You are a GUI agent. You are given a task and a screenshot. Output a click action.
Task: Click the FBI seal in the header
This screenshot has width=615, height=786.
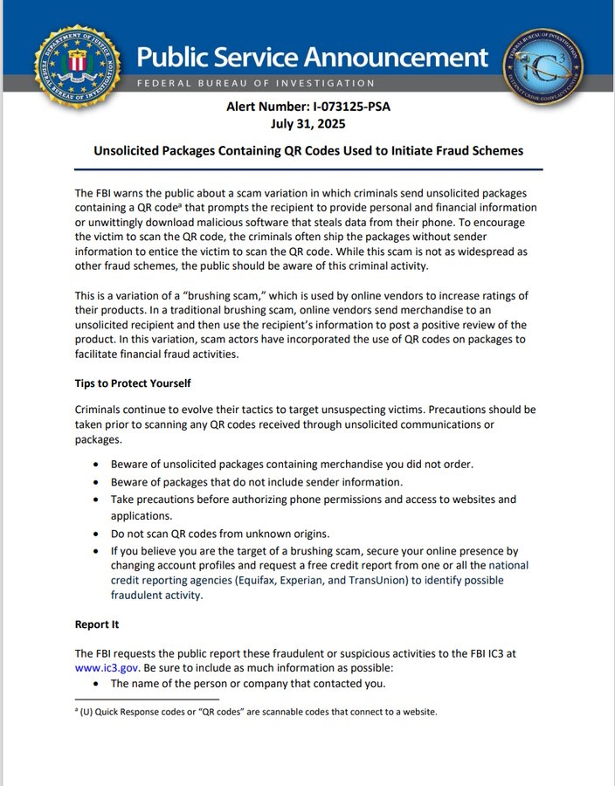click(77, 65)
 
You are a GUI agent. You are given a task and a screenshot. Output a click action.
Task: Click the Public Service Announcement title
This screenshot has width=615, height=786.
click(312, 58)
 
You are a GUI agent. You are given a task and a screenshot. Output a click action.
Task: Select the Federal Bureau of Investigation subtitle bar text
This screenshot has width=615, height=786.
click(255, 83)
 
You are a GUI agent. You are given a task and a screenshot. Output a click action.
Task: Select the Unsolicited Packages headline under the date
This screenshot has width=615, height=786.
click(308, 150)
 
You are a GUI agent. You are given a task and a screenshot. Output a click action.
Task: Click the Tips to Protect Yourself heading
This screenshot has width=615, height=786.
click(133, 383)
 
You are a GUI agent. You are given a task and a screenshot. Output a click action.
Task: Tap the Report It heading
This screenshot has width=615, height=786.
click(97, 624)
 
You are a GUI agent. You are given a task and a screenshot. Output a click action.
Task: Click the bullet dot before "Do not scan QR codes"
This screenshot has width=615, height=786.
click(95, 534)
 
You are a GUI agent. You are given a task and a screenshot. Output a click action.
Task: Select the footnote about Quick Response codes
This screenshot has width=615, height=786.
click(256, 712)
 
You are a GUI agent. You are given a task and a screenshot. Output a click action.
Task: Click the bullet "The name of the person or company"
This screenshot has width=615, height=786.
click(248, 683)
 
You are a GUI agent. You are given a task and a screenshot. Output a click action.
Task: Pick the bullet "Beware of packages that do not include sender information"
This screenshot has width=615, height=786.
click(256, 482)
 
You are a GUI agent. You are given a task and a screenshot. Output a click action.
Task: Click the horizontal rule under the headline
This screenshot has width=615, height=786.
click(308, 169)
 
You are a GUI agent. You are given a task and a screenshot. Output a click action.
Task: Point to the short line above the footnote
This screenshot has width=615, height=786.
click(147, 700)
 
